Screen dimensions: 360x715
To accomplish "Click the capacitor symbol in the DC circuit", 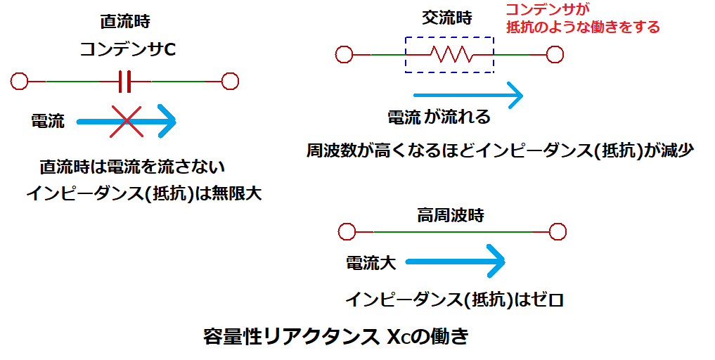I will click(124, 82).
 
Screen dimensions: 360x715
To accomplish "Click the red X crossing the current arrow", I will click(126, 122).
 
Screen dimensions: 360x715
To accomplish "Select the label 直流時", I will click(126, 21).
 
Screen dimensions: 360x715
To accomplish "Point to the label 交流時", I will click(446, 19).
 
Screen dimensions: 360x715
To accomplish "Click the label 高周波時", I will click(450, 215).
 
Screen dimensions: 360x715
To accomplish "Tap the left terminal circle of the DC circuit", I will click(20, 82).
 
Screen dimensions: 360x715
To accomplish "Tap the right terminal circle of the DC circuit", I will click(230, 82).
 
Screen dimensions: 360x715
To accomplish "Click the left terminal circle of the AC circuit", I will click(344, 54).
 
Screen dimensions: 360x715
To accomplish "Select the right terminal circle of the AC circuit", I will click(555, 54).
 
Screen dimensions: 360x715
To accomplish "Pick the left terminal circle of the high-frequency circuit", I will click(346, 231).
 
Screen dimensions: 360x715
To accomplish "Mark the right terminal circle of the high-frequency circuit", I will click(558, 231).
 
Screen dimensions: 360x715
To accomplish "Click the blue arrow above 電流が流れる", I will click(468, 94).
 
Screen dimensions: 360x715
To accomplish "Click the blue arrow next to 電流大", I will click(456, 262).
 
